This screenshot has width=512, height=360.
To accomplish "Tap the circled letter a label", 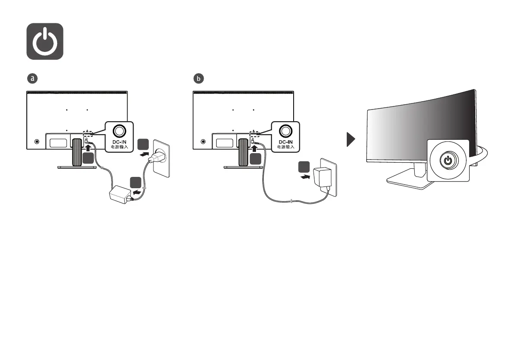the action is (32, 79).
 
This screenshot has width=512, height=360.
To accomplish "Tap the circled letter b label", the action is (198, 79).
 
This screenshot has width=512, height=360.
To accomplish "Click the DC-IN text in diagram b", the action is (285, 142).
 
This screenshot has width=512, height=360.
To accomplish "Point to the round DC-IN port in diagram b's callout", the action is (285, 130).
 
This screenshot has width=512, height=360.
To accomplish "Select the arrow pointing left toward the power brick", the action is (137, 191).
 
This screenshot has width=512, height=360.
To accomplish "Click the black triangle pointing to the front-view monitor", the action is (352, 139).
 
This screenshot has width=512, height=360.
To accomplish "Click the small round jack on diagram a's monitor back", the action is (36, 141).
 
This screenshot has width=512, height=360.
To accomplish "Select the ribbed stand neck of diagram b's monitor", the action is (242, 152).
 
